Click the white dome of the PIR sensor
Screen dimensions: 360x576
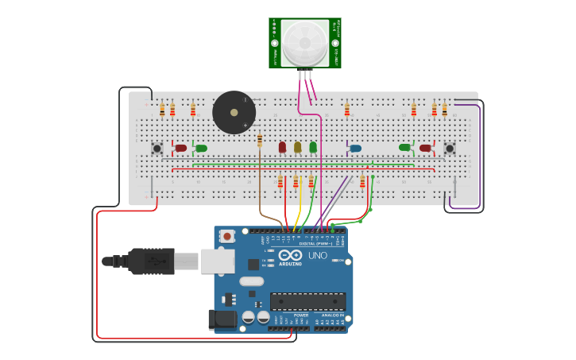(304, 43)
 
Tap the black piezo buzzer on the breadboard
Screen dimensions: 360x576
(234, 112)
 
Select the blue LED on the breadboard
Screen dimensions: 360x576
(355, 148)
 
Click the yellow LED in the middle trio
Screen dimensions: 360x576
(297, 147)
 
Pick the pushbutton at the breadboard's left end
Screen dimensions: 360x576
(157, 149)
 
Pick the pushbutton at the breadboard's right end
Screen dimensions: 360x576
(450, 149)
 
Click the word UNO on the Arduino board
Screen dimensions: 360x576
(317, 256)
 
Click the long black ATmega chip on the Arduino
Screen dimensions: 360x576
(307, 301)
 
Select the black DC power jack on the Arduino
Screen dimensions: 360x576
(222, 319)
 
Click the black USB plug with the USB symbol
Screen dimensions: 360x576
(151, 261)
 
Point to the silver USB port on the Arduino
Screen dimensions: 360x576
(217, 261)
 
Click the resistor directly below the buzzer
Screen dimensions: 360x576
(260, 141)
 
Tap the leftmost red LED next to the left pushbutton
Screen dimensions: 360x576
(181, 148)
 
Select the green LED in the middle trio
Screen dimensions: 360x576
(313, 147)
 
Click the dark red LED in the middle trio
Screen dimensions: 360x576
(282, 147)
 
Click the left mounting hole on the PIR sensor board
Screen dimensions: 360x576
(275, 43)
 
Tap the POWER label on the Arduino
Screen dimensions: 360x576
(301, 315)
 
